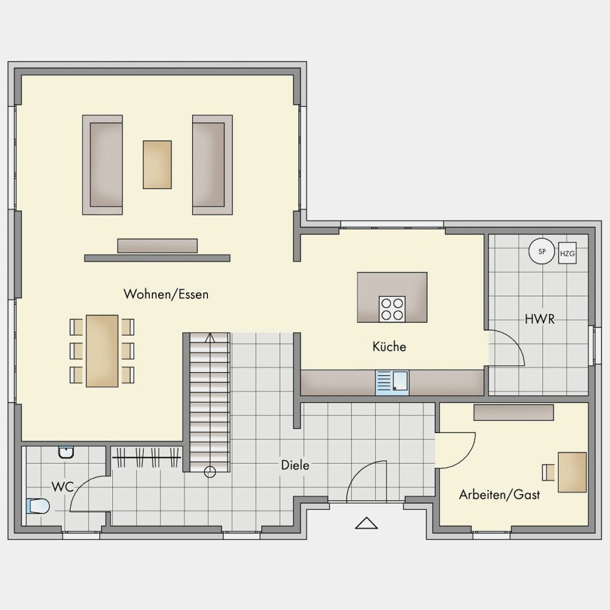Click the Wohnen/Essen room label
pyautogui.click(x=166, y=294)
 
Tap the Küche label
pyautogui.click(x=389, y=346)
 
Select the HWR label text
pyautogui.click(x=540, y=319)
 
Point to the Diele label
pyautogui.click(x=295, y=465)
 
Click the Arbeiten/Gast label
pyautogui.click(x=500, y=495)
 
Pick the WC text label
pyautogui.click(x=62, y=487)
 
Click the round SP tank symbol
pyautogui.click(x=542, y=251)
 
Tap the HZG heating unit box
pyautogui.click(x=567, y=253)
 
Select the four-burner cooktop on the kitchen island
pyautogui.click(x=392, y=309)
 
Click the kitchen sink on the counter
pyautogui.click(x=392, y=382)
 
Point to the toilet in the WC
pyautogui.click(x=38, y=506)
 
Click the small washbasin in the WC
pyautogui.click(x=66, y=453)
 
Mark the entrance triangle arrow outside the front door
pyautogui.click(x=366, y=523)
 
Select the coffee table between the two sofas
pyautogui.click(x=157, y=165)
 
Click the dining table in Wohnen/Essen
pyautogui.click(x=102, y=351)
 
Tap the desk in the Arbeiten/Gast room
pyautogui.click(x=572, y=472)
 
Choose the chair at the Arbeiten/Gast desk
pyautogui.click(x=548, y=472)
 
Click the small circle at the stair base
pyautogui.click(x=210, y=472)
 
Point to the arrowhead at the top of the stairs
pyautogui.click(x=210, y=337)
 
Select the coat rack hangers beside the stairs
pyautogui.click(x=146, y=457)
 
